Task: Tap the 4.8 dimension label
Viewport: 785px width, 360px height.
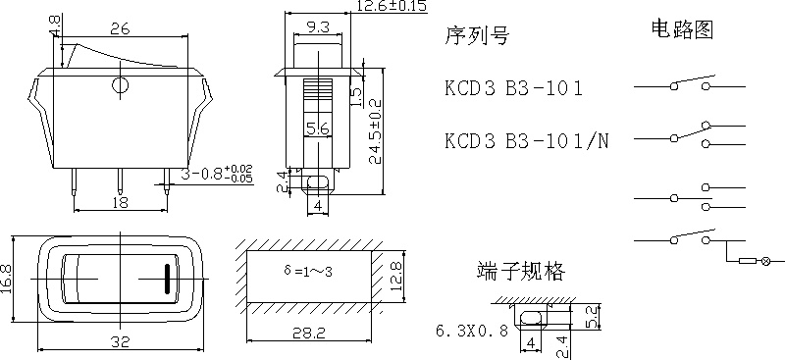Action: pyautogui.click(x=56, y=22)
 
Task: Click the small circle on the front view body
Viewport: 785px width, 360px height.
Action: pyautogui.click(x=120, y=86)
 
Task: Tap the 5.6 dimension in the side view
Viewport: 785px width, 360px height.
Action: pyautogui.click(x=316, y=129)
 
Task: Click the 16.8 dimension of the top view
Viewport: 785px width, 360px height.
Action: pyautogui.click(x=8, y=277)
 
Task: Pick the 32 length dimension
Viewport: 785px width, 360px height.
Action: pyautogui.click(x=120, y=343)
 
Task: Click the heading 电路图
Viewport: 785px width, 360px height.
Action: pyautogui.click(x=680, y=28)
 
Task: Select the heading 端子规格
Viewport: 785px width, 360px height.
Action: pyautogui.click(x=521, y=271)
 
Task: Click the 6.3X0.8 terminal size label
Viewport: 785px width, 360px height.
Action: pyautogui.click(x=471, y=331)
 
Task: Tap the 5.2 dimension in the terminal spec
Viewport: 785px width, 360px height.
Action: pyautogui.click(x=591, y=317)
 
